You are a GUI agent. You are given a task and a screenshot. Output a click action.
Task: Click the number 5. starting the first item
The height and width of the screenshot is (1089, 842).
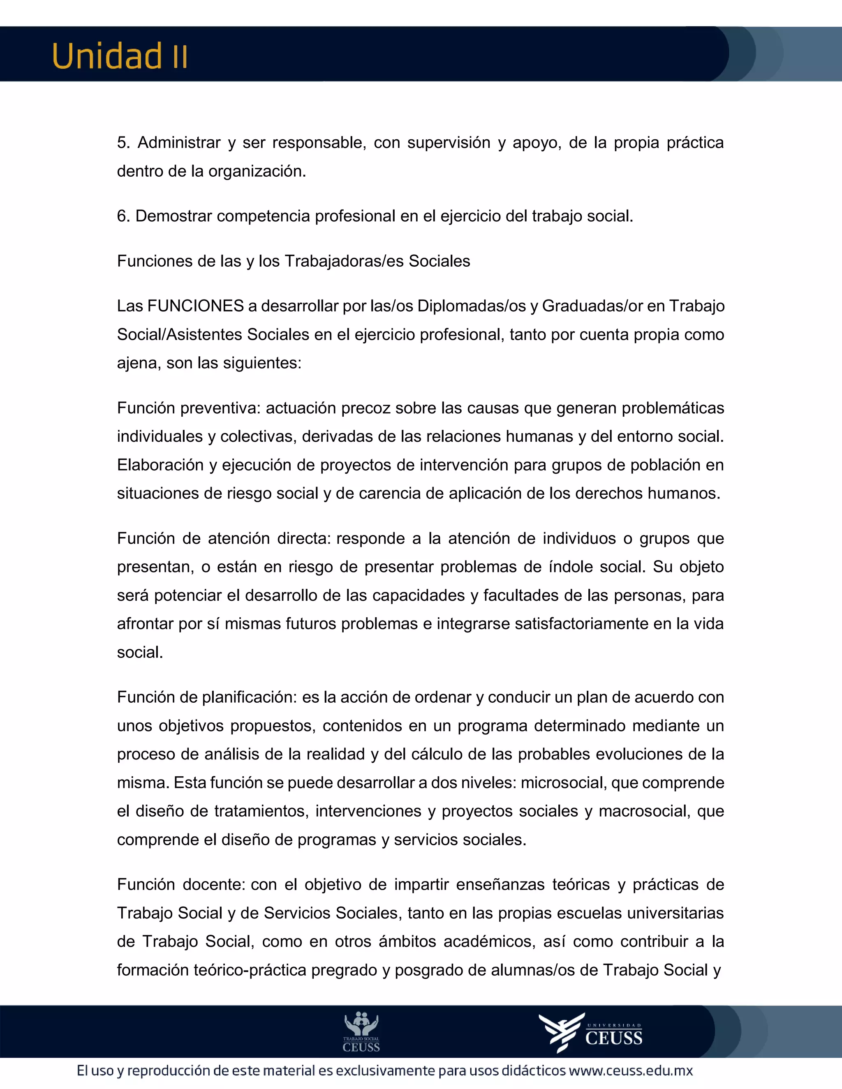point(123,143)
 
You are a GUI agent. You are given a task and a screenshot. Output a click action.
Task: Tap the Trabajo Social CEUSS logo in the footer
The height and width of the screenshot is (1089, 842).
point(361,1031)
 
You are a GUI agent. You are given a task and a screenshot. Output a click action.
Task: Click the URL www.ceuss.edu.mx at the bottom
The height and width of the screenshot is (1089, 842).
point(631,1071)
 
